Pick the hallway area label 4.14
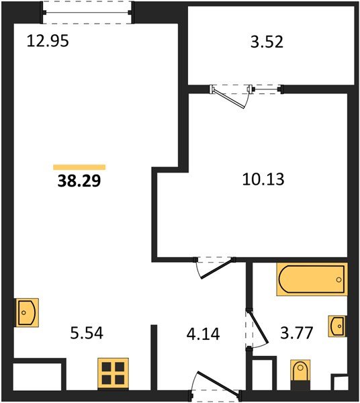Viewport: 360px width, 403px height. tap(202, 332)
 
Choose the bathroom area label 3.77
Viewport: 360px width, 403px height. tap(291, 332)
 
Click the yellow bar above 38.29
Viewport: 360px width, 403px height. tap(79, 167)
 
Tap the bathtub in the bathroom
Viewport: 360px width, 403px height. tap(312, 279)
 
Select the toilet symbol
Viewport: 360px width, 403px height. tap(301, 371)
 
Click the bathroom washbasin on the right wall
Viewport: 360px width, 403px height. tap(338, 326)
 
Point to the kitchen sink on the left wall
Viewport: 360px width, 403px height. tap(26, 312)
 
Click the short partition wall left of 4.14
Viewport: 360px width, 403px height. tap(154, 356)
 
